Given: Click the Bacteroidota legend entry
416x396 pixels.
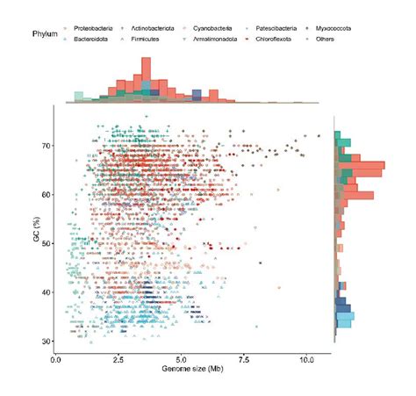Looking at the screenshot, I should (96, 40).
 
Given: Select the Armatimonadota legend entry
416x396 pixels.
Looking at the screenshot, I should (218, 40).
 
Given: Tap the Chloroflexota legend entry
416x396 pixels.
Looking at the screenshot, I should (274, 40).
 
